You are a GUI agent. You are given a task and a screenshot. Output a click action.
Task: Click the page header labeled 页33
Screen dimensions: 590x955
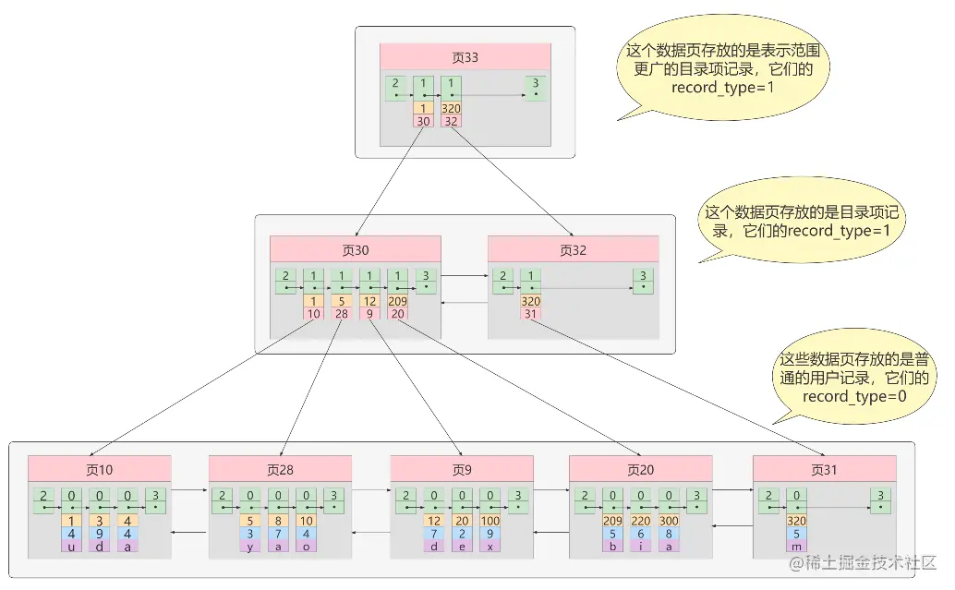[x=465, y=56]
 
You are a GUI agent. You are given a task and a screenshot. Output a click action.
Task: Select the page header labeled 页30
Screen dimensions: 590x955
[x=355, y=249]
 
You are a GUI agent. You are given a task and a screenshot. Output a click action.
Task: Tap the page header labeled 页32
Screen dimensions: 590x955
[x=573, y=249]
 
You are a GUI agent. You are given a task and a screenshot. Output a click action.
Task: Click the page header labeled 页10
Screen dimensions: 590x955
[x=99, y=469]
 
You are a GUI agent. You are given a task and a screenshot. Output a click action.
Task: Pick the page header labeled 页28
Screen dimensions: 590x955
[x=280, y=469]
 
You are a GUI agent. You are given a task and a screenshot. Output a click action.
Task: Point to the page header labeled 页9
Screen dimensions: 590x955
[x=461, y=469]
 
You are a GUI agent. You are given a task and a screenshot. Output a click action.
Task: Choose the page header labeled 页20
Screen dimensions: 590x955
[x=640, y=469]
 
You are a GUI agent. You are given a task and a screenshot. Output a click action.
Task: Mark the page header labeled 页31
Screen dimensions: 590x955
[x=824, y=469]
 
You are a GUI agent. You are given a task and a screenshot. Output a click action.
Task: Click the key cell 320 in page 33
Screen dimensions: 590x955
[x=451, y=108]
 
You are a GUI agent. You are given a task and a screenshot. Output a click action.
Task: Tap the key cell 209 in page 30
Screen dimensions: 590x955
[x=397, y=301]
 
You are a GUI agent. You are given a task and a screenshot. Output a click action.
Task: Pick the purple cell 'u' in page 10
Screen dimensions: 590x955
[x=71, y=546]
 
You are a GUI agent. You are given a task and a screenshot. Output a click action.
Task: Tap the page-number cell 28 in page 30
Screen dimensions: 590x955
[x=342, y=313]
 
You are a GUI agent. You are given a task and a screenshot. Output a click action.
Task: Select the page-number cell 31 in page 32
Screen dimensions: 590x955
[x=531, y=313]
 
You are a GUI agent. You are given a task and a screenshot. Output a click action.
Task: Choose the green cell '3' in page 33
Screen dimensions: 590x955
[x=534, y=88]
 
